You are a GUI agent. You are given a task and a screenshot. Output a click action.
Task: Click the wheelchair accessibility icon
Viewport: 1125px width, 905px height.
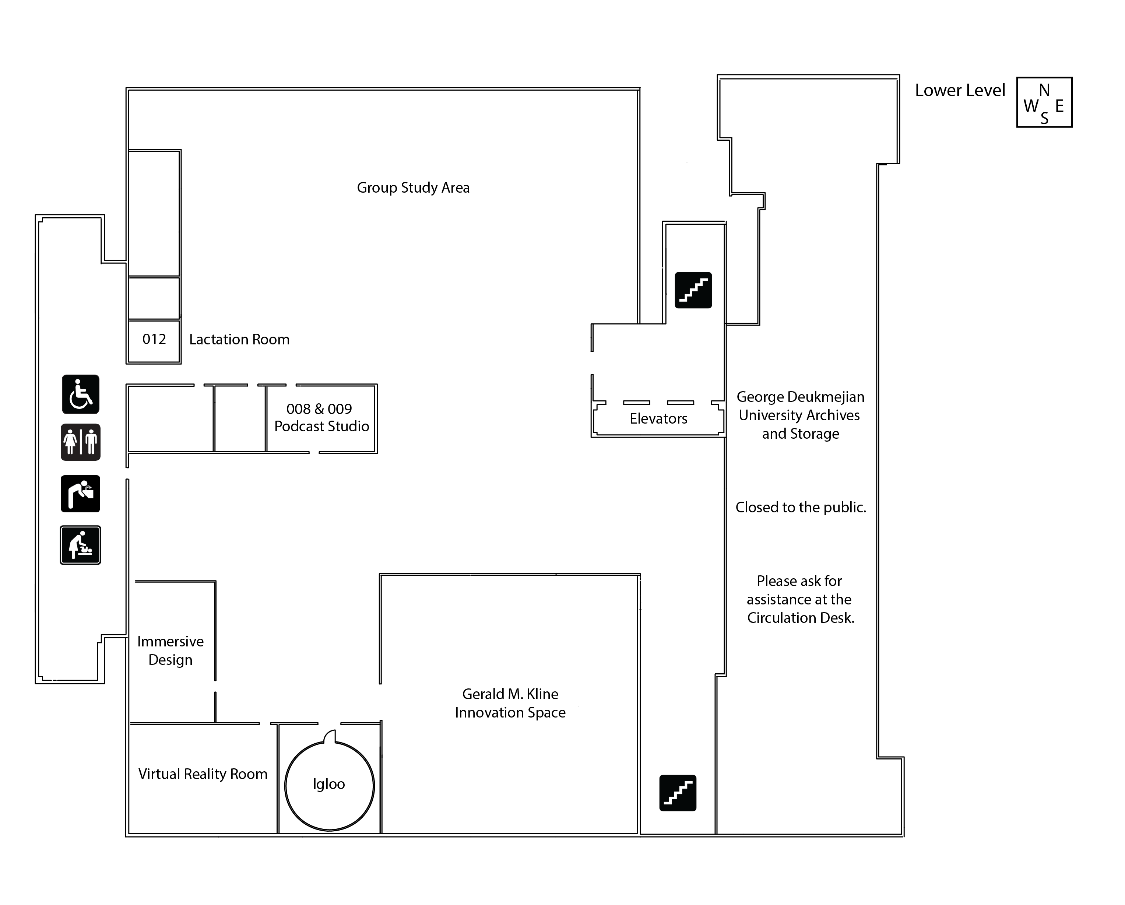click(x=80, y=394)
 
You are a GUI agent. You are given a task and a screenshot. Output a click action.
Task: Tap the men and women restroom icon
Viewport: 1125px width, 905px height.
click(x=80, y=442)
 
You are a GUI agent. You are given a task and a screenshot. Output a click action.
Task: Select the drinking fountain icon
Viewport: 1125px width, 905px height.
click(x=80, y=493)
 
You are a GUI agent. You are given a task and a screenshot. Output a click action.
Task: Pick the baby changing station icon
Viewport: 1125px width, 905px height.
click(x=80, y=545)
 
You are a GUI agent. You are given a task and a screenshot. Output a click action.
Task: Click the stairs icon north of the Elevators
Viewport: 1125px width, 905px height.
click(x=693, y=290)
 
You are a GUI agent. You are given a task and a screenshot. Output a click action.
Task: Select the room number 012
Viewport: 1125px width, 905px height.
click(x=154, y=339)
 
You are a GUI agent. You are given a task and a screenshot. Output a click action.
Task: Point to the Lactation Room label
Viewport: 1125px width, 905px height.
click(x=239, y=339)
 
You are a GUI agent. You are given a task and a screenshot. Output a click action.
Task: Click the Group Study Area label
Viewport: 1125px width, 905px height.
click(x=413, y=188)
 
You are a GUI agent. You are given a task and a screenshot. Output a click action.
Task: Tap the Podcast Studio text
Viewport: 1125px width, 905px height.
click(x=321, y=427)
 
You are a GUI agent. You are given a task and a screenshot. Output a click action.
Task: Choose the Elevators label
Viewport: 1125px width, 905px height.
click(x=658, y=418)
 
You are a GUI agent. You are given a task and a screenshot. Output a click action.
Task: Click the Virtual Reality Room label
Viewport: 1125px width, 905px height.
click(x=203, y=774)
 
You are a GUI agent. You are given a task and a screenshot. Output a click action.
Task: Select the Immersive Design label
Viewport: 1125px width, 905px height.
click(x=170, y=650)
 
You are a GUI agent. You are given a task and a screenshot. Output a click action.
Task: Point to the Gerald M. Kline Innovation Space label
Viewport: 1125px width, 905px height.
click(x=510, y=703)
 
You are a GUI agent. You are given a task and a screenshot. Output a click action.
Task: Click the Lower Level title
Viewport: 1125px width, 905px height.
click(x=960, y=90)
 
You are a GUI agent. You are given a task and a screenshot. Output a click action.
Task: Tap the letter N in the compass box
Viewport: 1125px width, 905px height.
click(x=1044, y=90)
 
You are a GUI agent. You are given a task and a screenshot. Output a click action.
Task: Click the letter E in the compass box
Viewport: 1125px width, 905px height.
click(x=1059, y=106)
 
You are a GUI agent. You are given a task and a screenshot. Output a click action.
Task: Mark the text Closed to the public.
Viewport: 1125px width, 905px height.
click(x=801, y=507)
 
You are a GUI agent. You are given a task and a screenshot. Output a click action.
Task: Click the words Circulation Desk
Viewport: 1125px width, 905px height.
click(x=801, y=618)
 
